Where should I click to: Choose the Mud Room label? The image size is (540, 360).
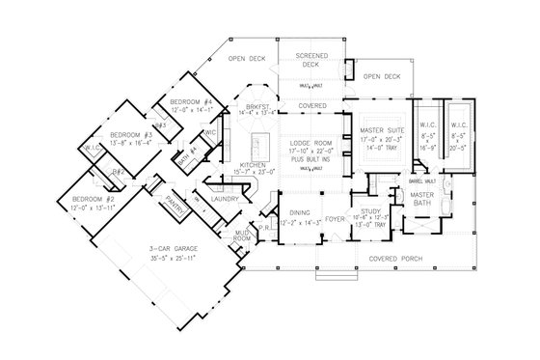tap(243, 235)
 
